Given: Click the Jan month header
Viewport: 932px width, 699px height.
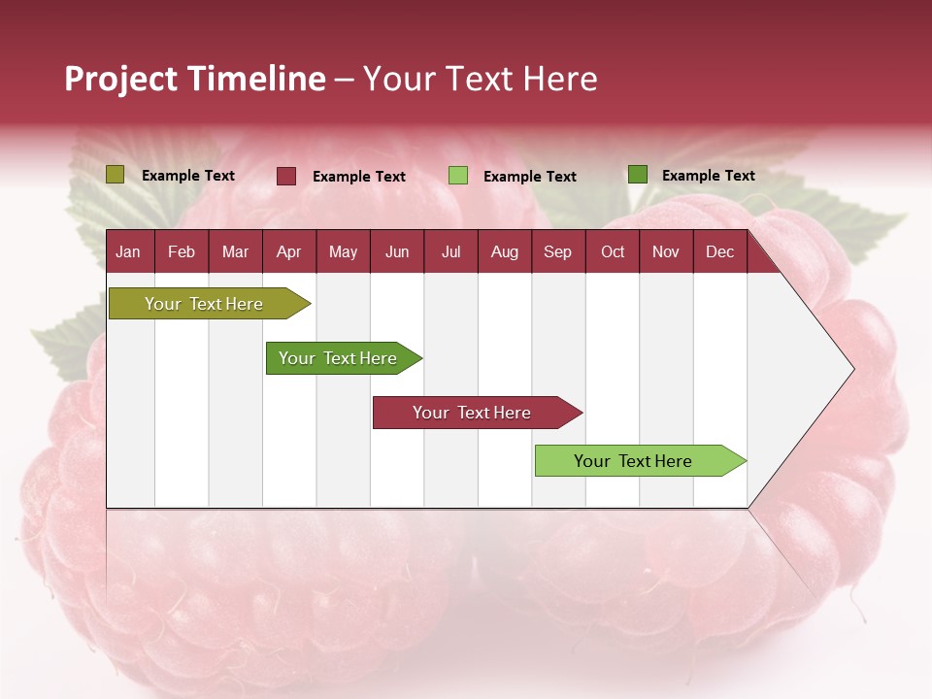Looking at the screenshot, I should click(x=128, y=251).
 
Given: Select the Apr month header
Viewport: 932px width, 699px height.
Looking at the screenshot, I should click(x=289, y=251).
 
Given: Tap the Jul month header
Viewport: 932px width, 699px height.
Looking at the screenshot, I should click(x=450, y=251).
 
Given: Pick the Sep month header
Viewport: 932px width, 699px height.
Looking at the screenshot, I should click(x=557, y=251).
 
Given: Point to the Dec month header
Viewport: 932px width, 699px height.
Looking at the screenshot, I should click(x=719, y=251).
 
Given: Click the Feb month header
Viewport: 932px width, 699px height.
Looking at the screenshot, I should click(x=182, y=251).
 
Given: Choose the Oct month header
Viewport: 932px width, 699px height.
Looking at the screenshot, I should click(x=613, y=251).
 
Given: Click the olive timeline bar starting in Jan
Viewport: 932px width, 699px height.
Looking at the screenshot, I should click(x=205, y=304).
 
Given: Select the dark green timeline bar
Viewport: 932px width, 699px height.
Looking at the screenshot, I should click(x=339, y=358).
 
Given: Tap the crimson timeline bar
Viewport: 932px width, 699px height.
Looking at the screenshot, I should click(x=473, y=413).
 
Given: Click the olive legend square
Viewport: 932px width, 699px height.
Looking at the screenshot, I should click(x=116, y=175).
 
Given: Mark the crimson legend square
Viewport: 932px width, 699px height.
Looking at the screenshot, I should click(x=286, y=176).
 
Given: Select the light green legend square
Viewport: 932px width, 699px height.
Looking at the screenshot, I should click(x=458, y=176).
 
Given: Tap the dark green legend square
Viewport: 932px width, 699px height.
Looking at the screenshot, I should click(x=637, y=175).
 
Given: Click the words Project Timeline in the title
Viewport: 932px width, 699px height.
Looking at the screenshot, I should click(x=195, y=79).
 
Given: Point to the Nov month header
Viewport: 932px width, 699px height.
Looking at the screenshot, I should click(x=666, y=251).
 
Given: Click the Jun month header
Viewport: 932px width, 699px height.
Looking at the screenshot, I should click(x=397, y=251).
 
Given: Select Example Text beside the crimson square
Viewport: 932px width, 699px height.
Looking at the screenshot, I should click(x=359, y=177).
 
